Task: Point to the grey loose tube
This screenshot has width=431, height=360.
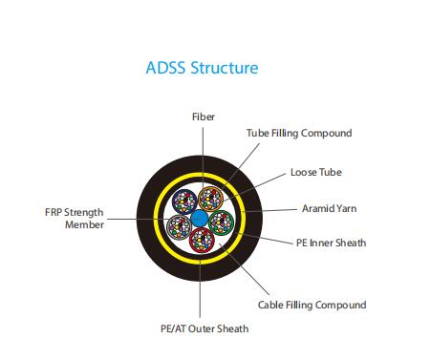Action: click(177, 226)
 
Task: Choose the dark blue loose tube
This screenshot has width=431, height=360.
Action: click(183, 202)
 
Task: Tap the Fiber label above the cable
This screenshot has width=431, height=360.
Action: click(202, 116)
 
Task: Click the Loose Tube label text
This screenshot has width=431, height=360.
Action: click(315, 173)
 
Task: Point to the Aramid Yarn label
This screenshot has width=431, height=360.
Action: click(328, 207)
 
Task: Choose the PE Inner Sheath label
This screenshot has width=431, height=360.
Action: click(330, 243)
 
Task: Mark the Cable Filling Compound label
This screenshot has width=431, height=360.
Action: click(312, 305)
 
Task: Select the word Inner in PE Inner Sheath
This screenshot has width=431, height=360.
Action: click(322, 243)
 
